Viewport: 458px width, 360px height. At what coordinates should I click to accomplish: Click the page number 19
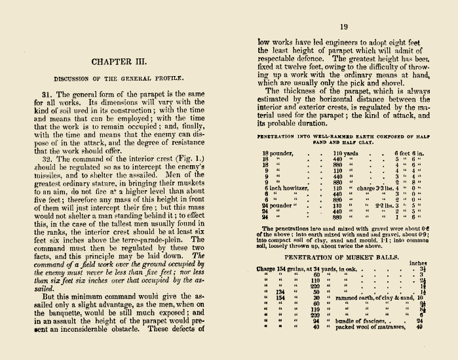tap(343, 27)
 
